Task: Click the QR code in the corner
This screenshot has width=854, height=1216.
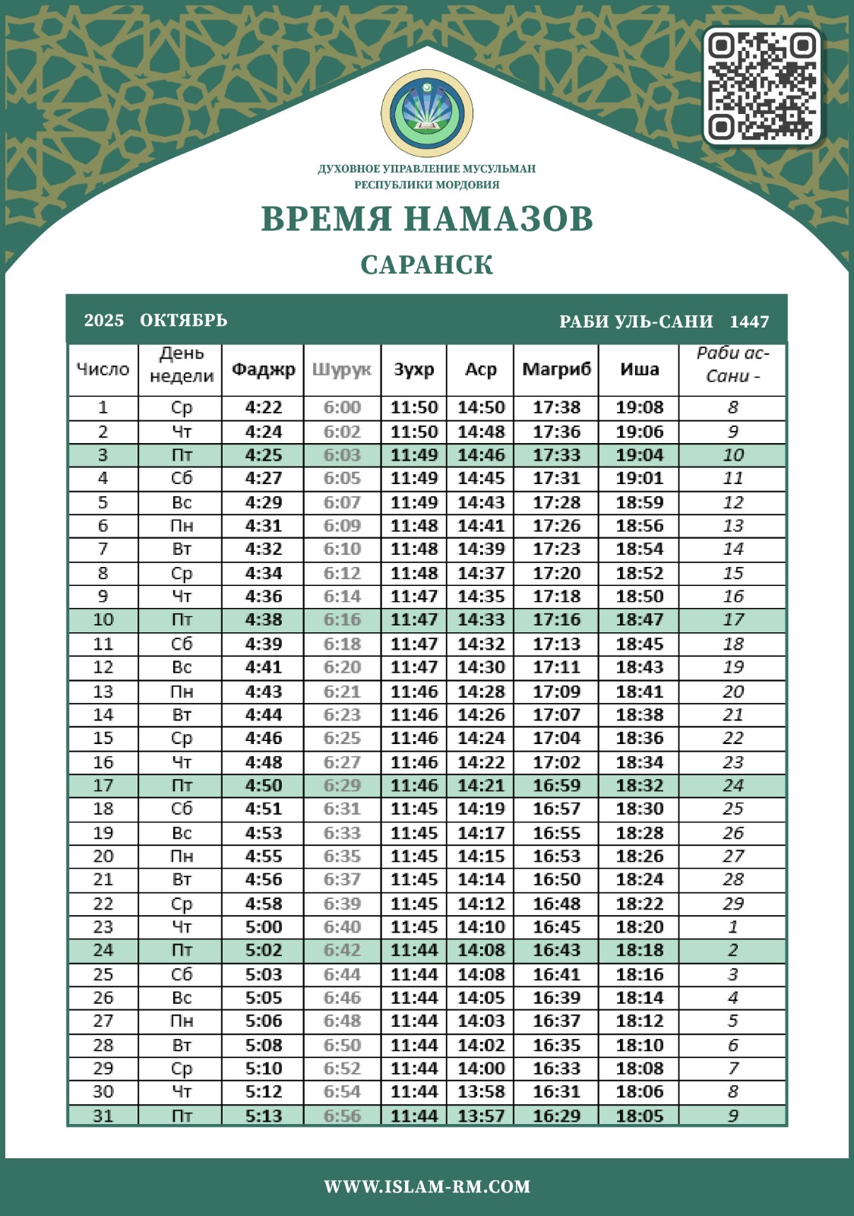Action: pos(762,86)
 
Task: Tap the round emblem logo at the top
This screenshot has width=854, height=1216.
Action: pos(427,113)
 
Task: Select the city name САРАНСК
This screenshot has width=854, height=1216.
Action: pos(427,265)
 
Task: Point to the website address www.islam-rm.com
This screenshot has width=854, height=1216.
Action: pos(427,1186)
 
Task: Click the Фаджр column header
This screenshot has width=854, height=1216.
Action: pos(263,369)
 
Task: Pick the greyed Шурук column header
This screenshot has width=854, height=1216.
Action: pos(342,369)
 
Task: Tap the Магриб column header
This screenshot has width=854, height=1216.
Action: pos(556,369)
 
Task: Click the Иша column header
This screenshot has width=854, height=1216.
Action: pos(639,369)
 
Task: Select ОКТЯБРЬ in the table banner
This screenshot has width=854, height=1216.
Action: pos(184,320)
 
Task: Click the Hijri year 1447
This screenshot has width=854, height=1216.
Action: pos(749,321)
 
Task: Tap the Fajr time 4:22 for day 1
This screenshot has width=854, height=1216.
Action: pos(263,407)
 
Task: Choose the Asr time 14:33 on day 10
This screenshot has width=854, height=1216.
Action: pos(481,620)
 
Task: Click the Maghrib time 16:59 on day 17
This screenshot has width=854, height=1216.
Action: pos(556,785)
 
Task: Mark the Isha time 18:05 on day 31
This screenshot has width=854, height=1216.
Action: pos(639,1116)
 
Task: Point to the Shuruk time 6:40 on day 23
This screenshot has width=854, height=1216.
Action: pos(342,927)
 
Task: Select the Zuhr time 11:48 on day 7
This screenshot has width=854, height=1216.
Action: pos(414,549)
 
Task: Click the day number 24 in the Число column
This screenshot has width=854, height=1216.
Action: pos(103,950)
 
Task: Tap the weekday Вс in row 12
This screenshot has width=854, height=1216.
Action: pos(182,667)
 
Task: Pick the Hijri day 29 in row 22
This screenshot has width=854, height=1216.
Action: pos(732,904)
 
